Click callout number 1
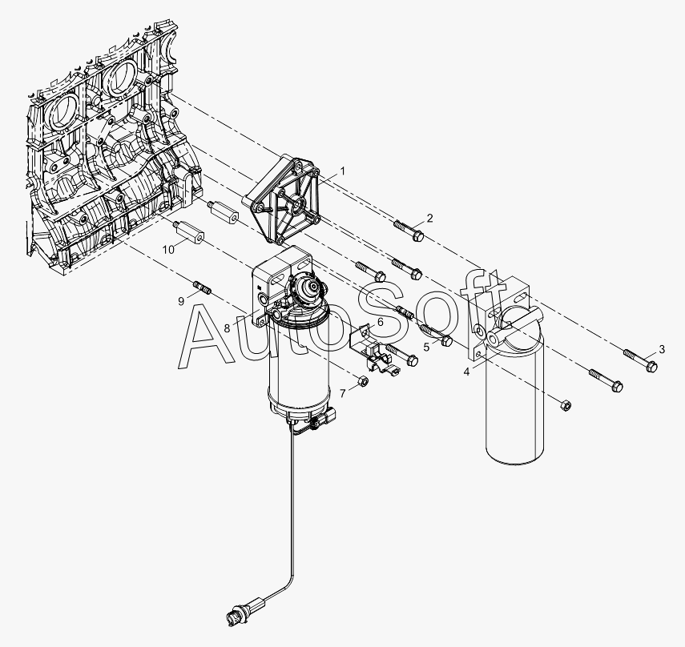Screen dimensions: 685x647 click(x=343, y=171)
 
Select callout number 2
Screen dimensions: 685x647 click(x=430, y=218)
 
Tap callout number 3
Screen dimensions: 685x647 click(x=662, y=349)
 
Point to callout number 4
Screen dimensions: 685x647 click(x=466, y=372)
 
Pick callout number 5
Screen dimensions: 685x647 click(x=426, y=347)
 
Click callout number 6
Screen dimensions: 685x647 click(x=380, y=322)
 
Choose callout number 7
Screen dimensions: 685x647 click(x=343, y=394)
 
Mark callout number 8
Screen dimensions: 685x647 click(x=227, y=328)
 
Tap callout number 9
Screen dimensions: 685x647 click(x=181, y=301)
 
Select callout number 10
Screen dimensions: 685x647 click(x=168, y=250)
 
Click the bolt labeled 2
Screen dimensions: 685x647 click(x=409, y=231)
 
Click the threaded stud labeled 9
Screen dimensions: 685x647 click(x=202, y=288)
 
